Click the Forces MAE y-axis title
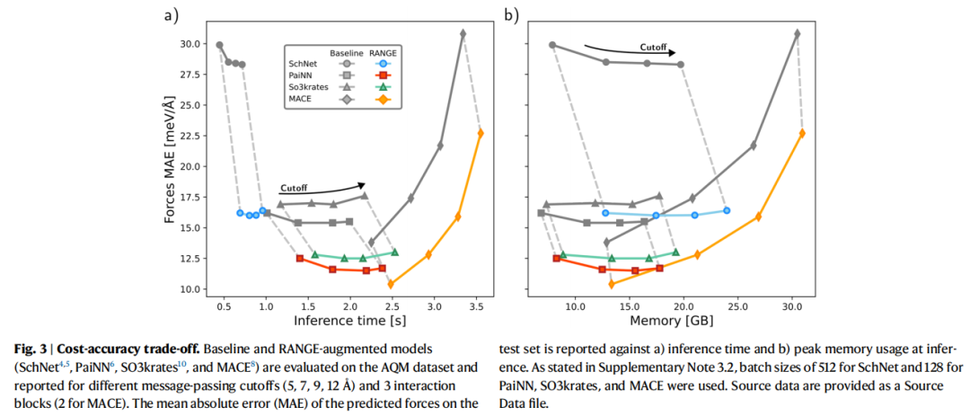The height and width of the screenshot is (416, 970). pos(171,166)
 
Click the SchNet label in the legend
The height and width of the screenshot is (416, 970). pos(303,65)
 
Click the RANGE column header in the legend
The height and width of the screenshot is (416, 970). pos(384,53)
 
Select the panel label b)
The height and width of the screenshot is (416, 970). pos(511,15)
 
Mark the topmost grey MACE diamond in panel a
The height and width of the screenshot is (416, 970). pos(463,33)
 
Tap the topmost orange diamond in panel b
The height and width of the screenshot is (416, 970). pos(803,133)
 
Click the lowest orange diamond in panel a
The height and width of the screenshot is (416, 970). pos(390,285)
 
